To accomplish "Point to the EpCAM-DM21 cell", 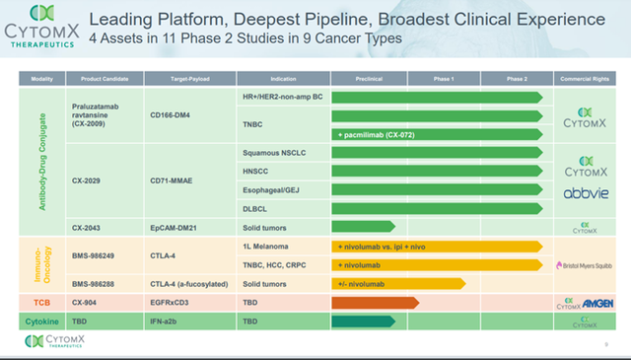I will tap(178, 226).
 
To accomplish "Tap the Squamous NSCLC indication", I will tap(274, 153).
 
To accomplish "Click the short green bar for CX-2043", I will tap(363, 226).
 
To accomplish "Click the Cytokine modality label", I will tap(41, 321).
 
